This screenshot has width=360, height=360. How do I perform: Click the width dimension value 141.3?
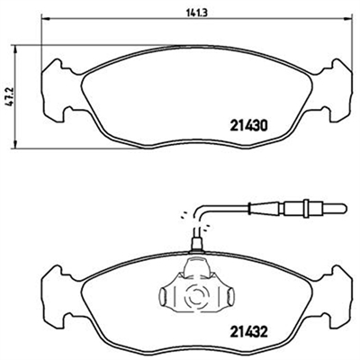tap(197, 13)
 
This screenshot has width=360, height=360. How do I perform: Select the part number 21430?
tap(248, 126)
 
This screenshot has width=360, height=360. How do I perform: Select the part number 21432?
tap(248, 332)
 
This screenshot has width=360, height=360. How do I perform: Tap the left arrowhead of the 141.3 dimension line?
tap(45, 20)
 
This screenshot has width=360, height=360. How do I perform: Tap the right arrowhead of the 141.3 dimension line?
tap(348, 20)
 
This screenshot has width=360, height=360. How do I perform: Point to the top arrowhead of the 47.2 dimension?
tap(14, 49)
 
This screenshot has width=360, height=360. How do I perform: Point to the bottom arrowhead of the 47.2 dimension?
tap(14, 144)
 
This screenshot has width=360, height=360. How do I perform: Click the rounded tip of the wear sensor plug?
tap(343, 207)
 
